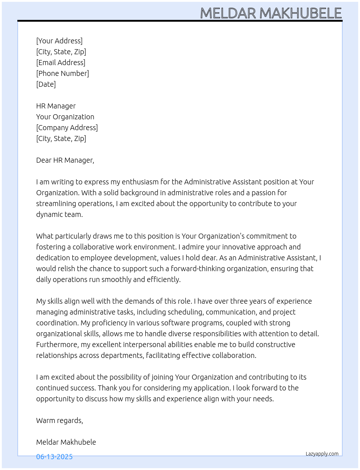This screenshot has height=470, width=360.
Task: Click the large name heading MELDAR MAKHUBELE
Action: click(271, 13)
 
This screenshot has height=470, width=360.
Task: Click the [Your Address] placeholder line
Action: click(59, 41)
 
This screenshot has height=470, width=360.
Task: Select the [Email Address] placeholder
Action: click(61, 63)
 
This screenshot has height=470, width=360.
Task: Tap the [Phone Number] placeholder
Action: click(63, 73)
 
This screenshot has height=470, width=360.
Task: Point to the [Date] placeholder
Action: click(46, 84)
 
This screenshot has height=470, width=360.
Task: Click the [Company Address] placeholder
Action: click(67, 128)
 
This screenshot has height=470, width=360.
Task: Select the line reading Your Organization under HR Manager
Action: click(65, 117)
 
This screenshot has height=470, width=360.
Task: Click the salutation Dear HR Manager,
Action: click(65, 160)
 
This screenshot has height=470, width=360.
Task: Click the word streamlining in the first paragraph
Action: click(56, 204)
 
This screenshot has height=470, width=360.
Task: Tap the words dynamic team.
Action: click(59, 214)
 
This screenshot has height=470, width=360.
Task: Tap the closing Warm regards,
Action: click(60, 420)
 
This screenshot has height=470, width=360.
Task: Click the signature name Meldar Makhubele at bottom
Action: click(66, 442)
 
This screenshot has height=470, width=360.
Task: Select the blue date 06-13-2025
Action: click(54, 457)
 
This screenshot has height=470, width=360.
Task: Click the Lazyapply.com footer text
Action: click(322, 454)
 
